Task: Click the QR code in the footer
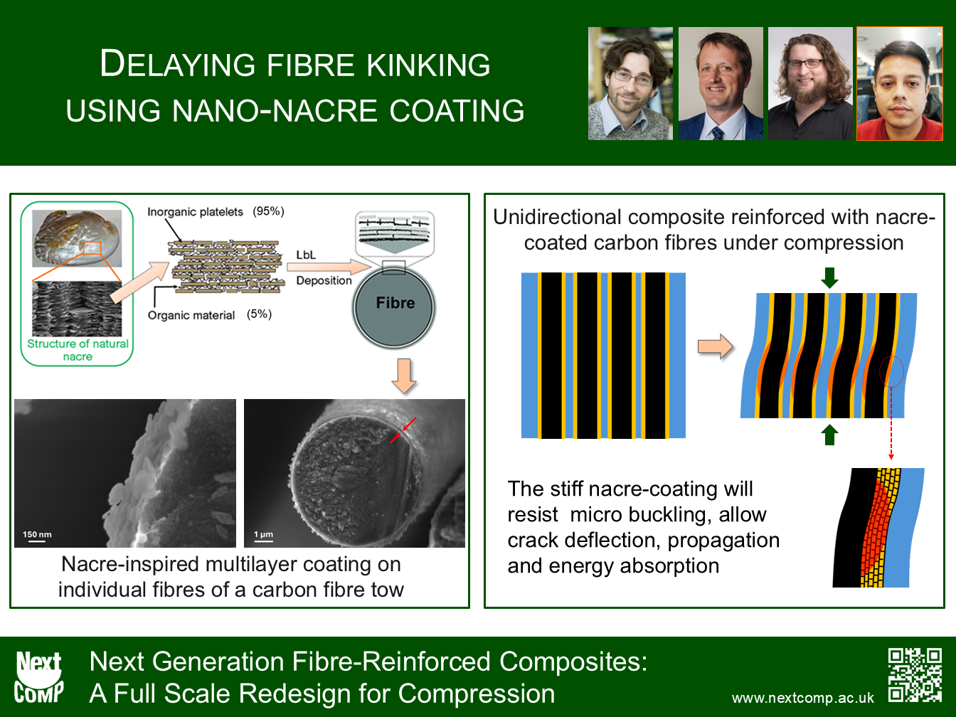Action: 915,675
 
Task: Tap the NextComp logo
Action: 38,677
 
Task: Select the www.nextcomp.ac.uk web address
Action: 802,698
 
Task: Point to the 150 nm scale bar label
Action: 37,534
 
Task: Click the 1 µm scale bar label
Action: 263,534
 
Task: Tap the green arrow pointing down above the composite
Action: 829,277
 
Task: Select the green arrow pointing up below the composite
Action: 829,435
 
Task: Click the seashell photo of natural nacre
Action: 77,238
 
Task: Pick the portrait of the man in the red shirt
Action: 900,84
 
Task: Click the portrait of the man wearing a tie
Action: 721,84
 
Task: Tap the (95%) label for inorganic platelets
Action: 268,211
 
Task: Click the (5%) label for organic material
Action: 259,314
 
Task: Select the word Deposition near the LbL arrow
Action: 324,280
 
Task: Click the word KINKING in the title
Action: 428,65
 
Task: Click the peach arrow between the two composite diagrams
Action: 715,346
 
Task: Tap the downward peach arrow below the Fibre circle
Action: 404,376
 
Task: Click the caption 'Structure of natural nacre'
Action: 78,350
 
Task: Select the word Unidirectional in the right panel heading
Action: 558,217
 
